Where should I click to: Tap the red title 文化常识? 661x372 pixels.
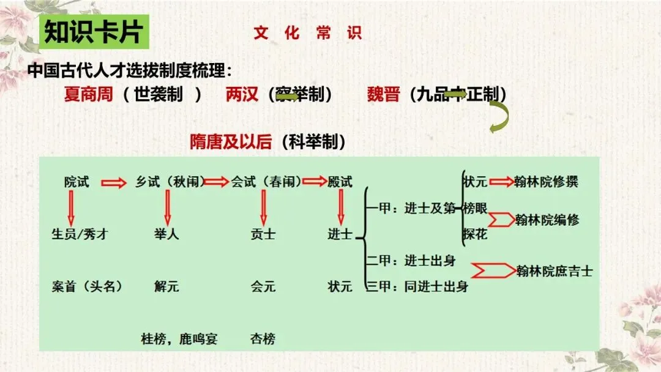click(307, 33)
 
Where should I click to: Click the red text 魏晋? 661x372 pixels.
click(383, 95)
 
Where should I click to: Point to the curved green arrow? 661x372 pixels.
click(498, 117)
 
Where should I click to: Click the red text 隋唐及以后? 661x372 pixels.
click(231, 142)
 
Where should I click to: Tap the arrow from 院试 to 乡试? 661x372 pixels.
click(113, 182)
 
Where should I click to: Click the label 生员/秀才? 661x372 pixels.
click(80, 234)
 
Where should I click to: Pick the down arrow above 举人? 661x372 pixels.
click(167, 208)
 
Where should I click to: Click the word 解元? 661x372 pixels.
click(166, 286)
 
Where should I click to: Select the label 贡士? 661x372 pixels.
click(263, 234)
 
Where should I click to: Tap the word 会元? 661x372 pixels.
click(263, 286)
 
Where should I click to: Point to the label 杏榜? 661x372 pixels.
click(263, 338)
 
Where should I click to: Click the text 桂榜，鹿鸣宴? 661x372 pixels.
click(179, 338)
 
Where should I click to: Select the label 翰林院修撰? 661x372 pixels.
click(546, 181)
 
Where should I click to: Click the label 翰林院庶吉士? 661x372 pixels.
click(554, 270)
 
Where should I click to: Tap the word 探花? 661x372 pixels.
click(475, 234)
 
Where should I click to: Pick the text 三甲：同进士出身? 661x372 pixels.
click(417, 286)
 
